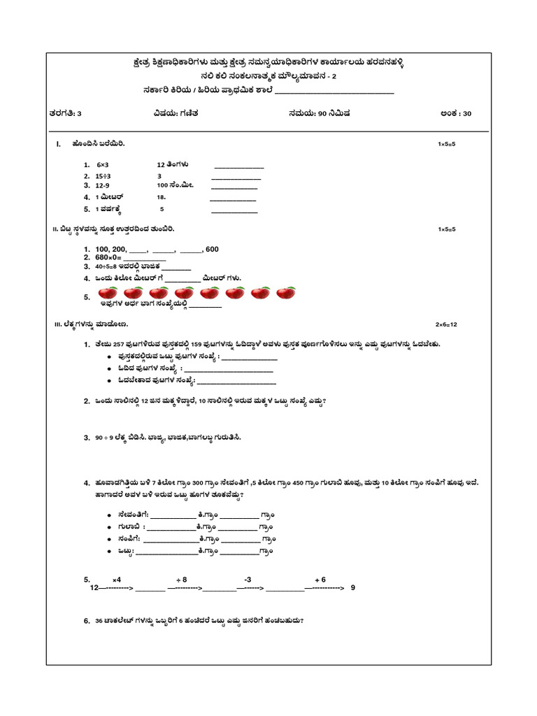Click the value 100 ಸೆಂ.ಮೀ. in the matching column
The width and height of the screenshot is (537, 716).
click(x=174, y=186)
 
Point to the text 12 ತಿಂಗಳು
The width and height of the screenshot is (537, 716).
click(x=173, y=164)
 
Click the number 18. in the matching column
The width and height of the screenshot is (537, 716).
click(x=162, y=198)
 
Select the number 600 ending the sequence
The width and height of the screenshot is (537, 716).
click(x=212, y=249)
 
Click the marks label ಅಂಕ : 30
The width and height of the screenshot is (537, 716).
click(x=456, y=113)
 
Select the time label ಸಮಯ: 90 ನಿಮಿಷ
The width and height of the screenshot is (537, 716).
click(x=319, y=113)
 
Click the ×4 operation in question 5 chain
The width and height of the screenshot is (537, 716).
click(x=116, y=580)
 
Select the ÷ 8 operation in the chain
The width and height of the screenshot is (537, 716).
click(x=181, y=580)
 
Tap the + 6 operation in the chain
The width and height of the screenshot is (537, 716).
click(x=320, y=580)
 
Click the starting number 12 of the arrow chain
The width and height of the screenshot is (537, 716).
click(x=94, y=589)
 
